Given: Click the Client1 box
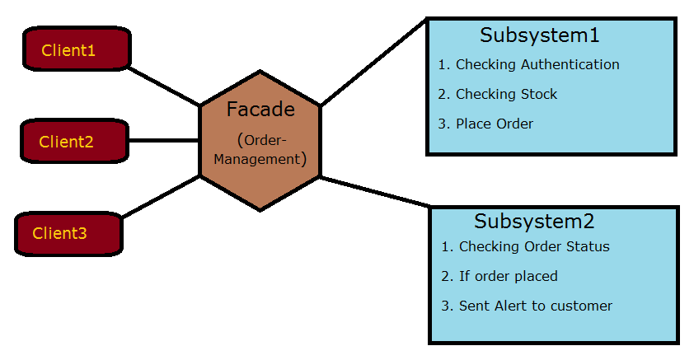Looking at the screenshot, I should click(77, 50).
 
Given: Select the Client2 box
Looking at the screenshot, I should click(73, 141).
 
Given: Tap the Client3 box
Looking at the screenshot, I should click(68, 233).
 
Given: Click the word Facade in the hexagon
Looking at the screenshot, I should click(260, 110).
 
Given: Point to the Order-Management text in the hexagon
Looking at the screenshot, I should click(260, 149).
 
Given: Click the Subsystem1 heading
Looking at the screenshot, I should click(539, 35).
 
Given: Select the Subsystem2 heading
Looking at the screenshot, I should click(534, 222).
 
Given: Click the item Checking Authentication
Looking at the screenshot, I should click(537, 64).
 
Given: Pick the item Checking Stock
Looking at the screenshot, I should click(506, 94).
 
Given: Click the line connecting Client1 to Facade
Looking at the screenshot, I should click(165, 86).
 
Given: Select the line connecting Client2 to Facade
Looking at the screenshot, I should click(163, 140).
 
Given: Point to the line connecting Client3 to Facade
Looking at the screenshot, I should click(162, 196).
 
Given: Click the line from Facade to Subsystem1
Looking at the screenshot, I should click(373, 63).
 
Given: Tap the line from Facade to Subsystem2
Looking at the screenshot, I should click(375, 191).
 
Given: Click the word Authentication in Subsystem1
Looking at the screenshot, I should click(571, 64).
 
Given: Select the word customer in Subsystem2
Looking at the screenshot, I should click(582, 306).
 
